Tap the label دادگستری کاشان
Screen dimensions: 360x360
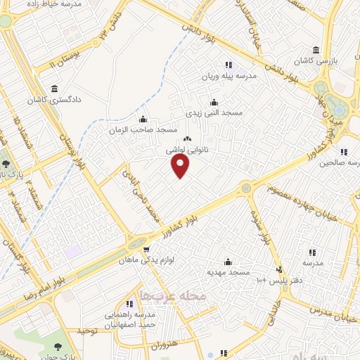point(55,100)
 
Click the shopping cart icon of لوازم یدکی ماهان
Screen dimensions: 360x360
point(146,249)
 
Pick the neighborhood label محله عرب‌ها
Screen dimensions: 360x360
point(172,296)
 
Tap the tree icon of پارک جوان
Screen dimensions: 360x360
point(57,347)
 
